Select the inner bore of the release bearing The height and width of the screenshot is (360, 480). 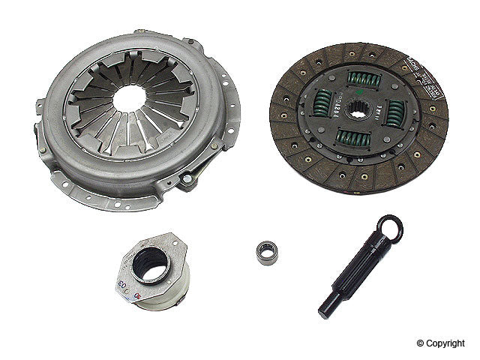tap(153, 264)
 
